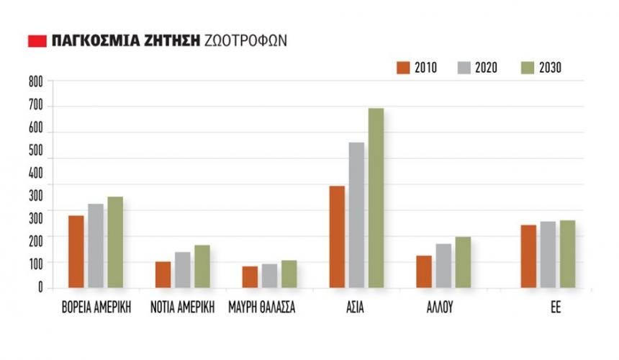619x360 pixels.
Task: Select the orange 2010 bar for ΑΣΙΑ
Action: point(337,238)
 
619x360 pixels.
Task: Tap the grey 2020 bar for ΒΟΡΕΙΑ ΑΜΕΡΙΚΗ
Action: point(96,246)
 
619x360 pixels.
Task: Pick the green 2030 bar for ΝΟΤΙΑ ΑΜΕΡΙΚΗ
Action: point(202,267)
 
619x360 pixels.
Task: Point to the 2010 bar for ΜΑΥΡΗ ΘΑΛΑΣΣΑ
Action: point(250,277)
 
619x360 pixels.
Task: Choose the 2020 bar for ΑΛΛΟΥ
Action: point(443,266)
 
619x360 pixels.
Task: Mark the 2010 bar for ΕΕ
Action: point(528,256)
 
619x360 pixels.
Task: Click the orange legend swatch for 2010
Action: point(402,68)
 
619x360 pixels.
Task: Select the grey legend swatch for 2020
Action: point(464,68)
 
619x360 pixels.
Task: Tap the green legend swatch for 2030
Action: point(526,68)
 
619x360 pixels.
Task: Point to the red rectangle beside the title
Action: point(36,40)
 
